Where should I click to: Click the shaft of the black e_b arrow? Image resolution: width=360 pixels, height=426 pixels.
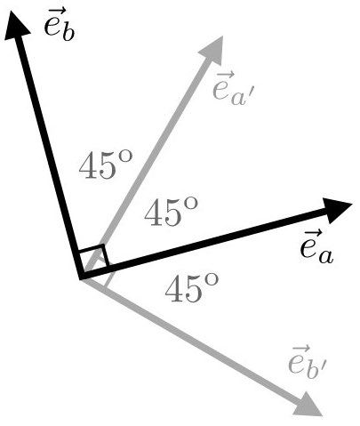(49, 151)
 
